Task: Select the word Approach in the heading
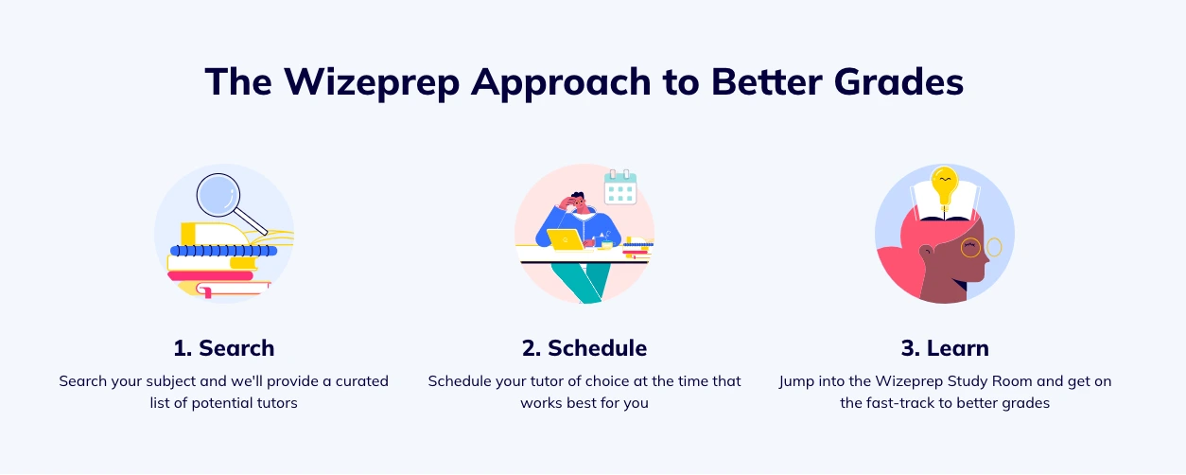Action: coord(562,82)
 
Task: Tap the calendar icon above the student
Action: coord(620,187)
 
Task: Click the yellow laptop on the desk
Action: coord(564,239)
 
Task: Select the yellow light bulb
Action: coord(944,184)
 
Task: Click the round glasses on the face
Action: coord(980,248)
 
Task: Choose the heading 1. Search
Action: coord(224,347)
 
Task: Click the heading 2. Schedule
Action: coord(584,347)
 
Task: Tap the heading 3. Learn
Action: coord(944,347)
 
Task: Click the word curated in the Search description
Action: coord(358,381)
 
